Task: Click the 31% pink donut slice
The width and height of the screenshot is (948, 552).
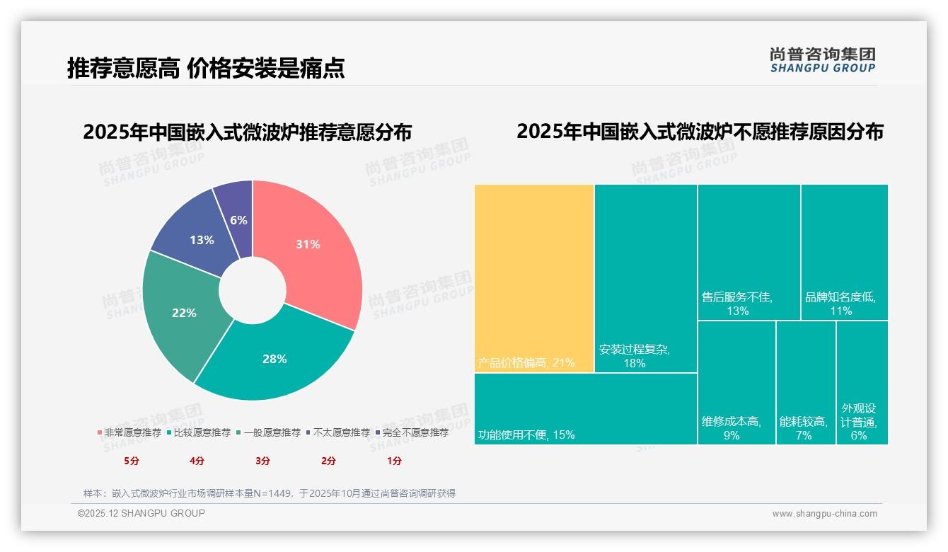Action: [x=311, y=248]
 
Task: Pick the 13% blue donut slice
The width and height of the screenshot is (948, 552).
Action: [x=198, y=237]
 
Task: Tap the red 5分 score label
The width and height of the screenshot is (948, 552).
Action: [x=132, y=461]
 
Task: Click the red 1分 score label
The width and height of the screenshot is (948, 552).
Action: [x=394, y=461]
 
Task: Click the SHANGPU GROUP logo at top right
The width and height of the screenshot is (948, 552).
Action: [x=822, y=60]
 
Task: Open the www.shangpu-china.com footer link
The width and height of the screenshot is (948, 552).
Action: [x=824, y=514]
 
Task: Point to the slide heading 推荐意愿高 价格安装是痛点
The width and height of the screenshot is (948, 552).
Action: [x=206, y=68]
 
